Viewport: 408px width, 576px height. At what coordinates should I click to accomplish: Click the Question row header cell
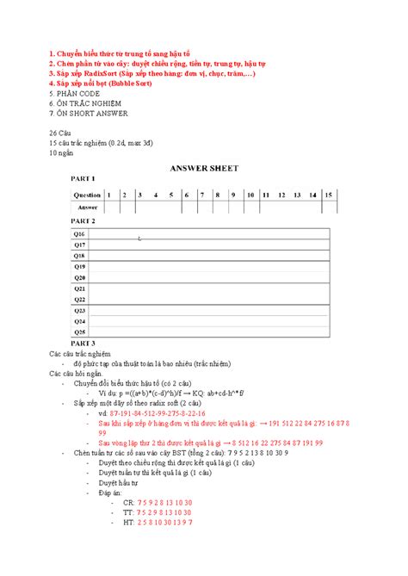(x=87, y=195)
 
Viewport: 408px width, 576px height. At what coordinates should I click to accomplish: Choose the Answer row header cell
(x=87, y=207)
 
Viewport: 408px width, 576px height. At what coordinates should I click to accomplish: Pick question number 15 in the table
(x=329, y=195)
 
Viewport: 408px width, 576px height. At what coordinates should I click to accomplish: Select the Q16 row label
(x=78, y=234)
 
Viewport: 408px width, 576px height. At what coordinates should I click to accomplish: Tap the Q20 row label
(x=78, y=277)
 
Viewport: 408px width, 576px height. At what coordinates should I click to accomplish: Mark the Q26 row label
(x=78, y=331)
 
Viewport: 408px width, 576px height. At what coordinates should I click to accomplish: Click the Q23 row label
(x=78, y=310)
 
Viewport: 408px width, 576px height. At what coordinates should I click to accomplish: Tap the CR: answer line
(x=158, y=502)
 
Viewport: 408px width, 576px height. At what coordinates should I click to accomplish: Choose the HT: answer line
(x=158, y=523)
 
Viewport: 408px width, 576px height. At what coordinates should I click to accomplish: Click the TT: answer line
(x=158, y=512)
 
